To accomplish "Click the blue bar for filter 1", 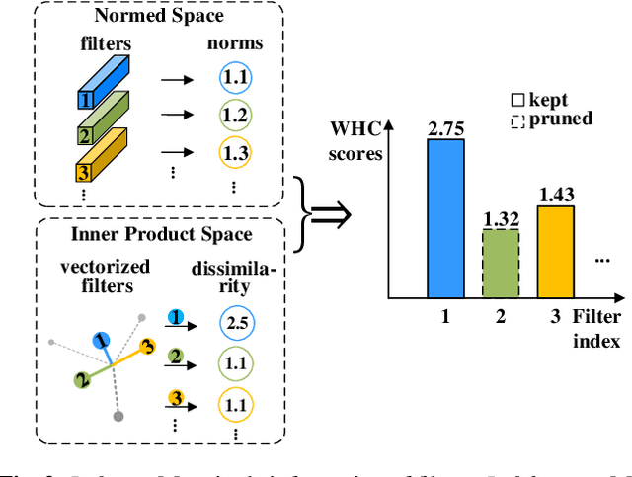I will pos(444,217).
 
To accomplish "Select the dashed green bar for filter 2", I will pos(500,263).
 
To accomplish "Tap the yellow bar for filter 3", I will pos(555,251).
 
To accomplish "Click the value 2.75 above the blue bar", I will pos(444,127).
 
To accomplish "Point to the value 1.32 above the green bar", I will pos(500,219).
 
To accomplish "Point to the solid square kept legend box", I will pos(516,100).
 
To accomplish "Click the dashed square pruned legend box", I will pos(516,119).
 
